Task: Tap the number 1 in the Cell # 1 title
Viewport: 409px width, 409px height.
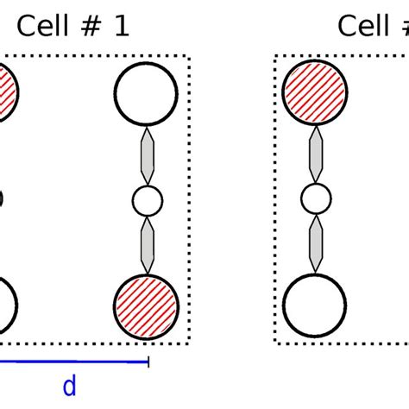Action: [x=120, y=26]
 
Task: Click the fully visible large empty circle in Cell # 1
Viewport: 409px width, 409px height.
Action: [x=146, y=90]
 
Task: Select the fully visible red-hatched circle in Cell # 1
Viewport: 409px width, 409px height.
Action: [x=146, y=307]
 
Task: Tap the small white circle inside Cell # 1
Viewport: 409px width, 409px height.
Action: [x=147, y=202]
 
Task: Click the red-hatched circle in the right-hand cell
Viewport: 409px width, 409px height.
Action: [x=315, y=90]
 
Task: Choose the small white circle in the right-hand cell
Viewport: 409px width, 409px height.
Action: [x=316, y=202]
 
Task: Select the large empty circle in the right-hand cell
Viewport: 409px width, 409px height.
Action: [x=315, y=307]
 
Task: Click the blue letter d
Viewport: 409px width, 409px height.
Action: [x=69, y=387]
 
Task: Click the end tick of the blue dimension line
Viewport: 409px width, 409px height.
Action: [x=149, y=362]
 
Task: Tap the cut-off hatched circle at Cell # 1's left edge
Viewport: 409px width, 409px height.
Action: [x=7, y=89]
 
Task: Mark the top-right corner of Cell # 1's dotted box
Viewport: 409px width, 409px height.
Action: [x=189, y=57]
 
